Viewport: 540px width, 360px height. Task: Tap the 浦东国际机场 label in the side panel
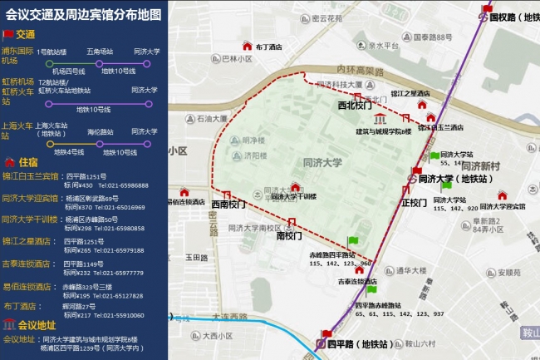(18, 56)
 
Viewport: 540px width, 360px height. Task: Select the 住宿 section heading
(27, 162)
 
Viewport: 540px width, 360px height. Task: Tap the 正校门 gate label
(414, 203)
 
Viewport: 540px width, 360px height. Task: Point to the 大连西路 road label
(230, 317)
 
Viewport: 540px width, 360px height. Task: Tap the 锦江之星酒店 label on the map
(410, 95)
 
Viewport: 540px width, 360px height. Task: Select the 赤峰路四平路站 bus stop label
(333, 254)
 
